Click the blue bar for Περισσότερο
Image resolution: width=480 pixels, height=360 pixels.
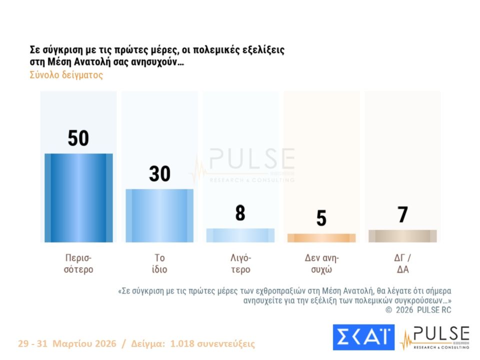click(78, 198)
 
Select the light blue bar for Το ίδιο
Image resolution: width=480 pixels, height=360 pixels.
click(159, 215)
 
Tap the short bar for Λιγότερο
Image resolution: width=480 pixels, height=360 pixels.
click(240, 235)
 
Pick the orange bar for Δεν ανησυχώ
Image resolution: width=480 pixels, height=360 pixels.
click(321, 238)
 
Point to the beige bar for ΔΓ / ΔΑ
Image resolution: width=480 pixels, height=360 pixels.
click(402, 236)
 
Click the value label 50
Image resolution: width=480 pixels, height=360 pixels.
click(78, 138)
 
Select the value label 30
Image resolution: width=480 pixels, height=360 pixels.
click(159, 173)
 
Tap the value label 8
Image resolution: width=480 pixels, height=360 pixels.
click(240, 213)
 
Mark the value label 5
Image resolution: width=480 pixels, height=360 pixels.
click(321, 218)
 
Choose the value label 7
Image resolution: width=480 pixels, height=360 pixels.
click(402, 215)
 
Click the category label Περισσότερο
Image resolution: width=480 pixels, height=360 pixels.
click(79, 263)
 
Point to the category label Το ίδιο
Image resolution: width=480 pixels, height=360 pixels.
click(159, 263)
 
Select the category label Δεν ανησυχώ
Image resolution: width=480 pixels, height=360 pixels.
click(321, 263)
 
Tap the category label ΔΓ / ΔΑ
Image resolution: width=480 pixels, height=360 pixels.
click(402, 263)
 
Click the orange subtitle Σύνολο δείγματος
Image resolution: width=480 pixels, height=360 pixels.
click(66, 75)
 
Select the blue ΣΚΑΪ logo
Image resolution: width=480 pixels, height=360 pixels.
click(363, 337)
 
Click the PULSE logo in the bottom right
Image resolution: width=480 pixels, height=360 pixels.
click(434, 337)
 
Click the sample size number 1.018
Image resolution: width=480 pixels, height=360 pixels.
click(183, 344)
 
